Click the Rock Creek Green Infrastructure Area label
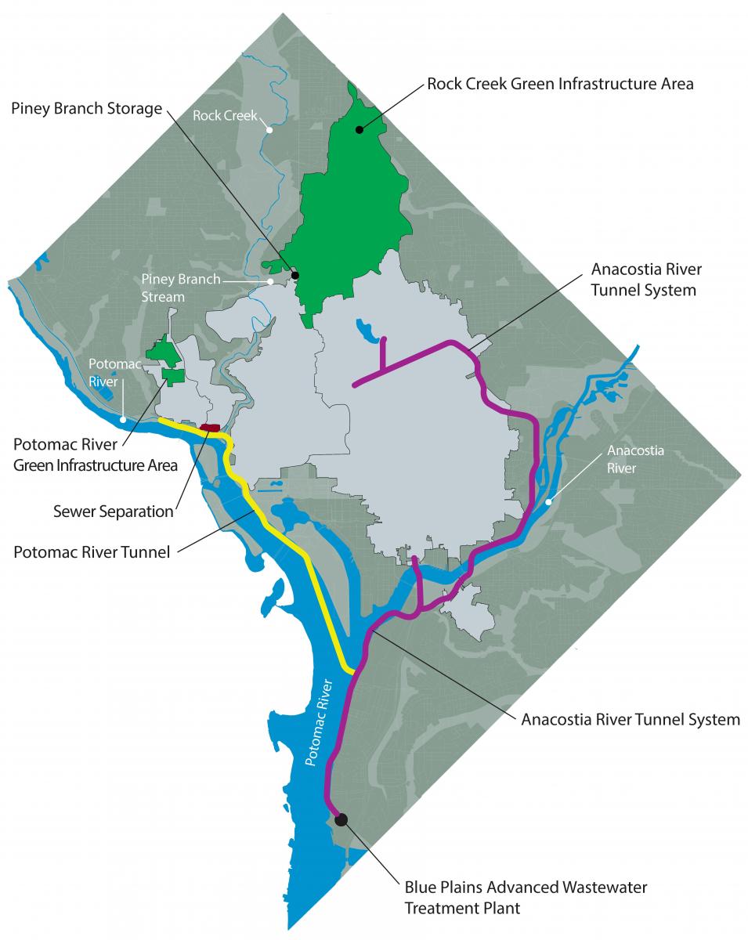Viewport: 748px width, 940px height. pos(560,84)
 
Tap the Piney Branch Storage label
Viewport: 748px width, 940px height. pos(85,108)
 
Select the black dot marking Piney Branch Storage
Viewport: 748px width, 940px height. pos(295,275)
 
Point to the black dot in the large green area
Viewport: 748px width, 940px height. pos(360,130)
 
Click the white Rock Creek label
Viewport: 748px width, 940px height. pos(225,116)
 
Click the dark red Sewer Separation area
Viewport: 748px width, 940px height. pos(210,428)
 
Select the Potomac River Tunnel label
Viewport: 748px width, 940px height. pos(92,552)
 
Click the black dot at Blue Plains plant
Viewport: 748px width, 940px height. pos(341,819)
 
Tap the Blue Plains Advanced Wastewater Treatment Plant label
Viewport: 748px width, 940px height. pos(526,898)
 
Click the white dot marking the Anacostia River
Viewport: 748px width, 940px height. pos(548,501)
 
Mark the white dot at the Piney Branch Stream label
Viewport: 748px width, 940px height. pos(269,280)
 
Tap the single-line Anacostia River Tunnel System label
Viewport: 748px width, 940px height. pos(631,718)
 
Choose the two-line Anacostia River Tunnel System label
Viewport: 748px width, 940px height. pos(646,280)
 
